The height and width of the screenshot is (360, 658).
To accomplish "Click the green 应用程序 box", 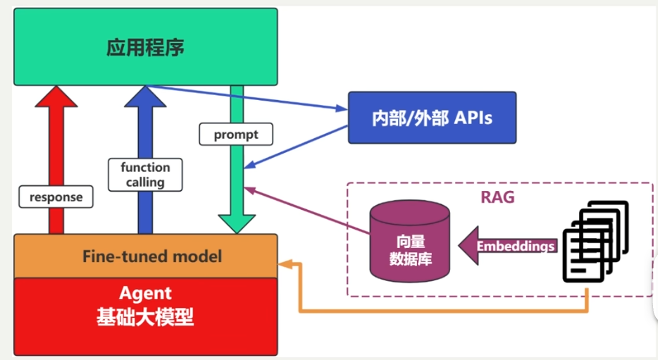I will point(145,47).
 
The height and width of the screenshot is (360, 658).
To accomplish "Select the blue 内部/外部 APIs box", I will point(432,117).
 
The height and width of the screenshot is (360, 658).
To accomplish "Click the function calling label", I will point(145,175).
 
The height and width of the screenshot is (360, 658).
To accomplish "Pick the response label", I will point(56,197).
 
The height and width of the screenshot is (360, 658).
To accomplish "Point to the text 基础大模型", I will point(145,318).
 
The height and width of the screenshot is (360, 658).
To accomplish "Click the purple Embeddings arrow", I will point(507,246).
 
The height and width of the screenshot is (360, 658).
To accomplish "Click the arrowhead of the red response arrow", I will point(56,97).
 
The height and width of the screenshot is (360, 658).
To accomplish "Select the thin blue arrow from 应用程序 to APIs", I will point(247,98).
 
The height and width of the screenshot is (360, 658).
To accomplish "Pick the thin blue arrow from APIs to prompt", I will point(296,147).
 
